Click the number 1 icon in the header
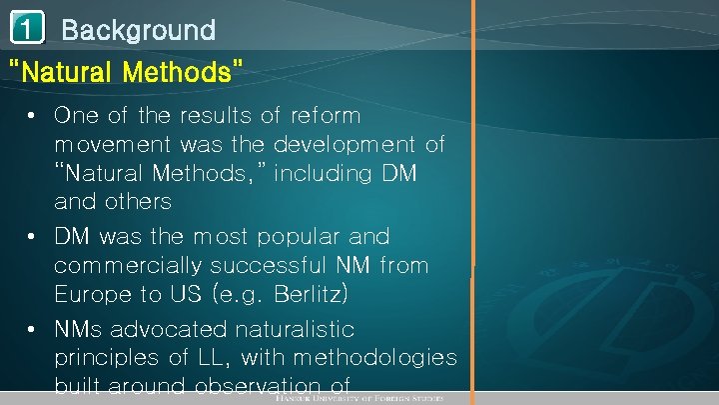27,31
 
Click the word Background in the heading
138,31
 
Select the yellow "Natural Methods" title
124,72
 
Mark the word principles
105,358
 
